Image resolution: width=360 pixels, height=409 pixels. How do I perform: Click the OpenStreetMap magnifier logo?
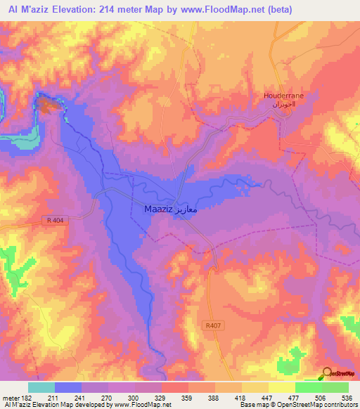click(328, 374)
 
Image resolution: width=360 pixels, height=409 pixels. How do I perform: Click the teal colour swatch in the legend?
click(41, 387)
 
